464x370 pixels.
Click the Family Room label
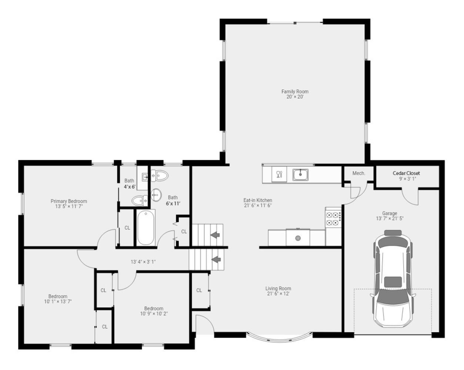295,91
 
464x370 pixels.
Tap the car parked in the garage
393,279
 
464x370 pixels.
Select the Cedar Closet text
406,173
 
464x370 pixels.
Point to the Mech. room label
358,173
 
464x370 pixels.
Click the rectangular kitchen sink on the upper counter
300,174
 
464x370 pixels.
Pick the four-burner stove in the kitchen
333,219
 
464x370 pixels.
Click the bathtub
146,227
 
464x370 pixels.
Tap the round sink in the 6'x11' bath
156,194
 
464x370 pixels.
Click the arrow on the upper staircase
215,235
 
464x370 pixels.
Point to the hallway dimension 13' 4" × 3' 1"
143,262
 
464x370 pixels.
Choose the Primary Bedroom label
69,201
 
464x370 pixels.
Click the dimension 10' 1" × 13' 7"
58,302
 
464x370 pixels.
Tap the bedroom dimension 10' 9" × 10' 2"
154,314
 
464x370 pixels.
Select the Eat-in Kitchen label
258,200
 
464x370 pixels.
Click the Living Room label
278,288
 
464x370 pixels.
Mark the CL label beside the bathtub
127,228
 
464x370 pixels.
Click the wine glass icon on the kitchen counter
279,174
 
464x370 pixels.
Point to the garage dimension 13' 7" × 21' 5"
390,219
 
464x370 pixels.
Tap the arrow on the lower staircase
216,259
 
